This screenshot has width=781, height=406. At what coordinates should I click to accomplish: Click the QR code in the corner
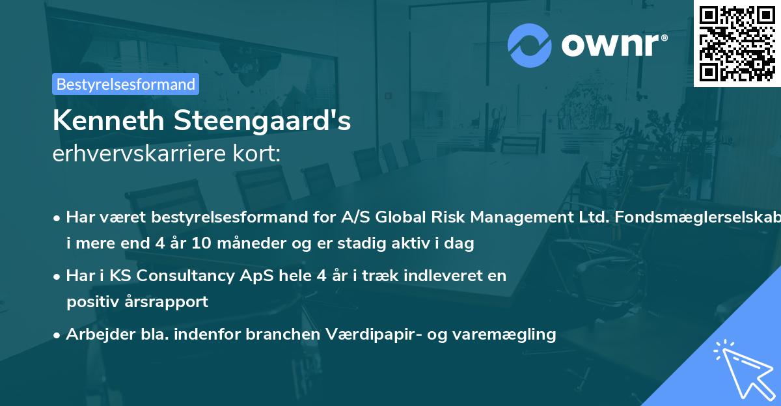737,43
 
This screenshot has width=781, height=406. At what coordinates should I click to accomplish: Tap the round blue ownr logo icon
529,45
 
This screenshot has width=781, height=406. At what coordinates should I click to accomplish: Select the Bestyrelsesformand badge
126,84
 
